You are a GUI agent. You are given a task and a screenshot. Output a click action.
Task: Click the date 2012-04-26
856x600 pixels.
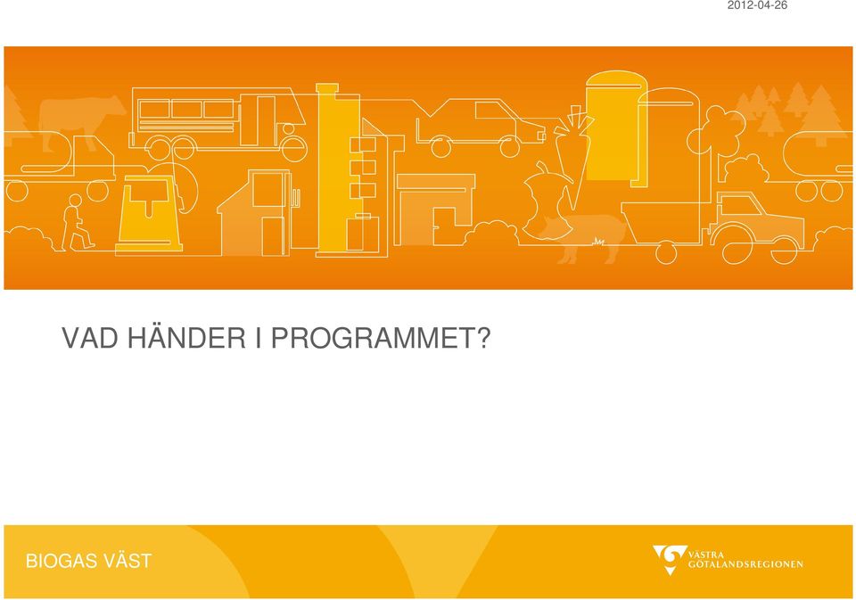757,5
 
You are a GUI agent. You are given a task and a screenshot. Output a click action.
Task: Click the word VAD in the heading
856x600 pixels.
89,339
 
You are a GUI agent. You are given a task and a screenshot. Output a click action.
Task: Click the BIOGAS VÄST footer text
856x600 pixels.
88,561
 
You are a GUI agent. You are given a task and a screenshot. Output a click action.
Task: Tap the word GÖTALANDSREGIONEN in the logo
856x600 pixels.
745,564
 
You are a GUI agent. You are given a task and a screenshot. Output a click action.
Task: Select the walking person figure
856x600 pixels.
75,223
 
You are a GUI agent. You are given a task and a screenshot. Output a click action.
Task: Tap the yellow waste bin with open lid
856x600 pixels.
149,213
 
